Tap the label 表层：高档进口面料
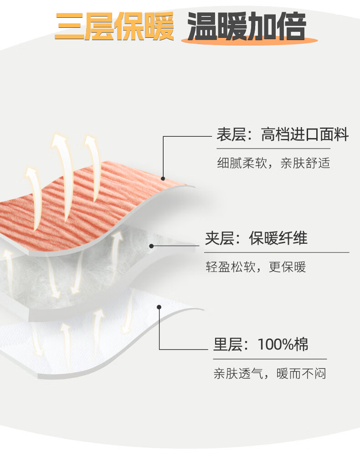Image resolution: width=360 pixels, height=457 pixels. (282, 135)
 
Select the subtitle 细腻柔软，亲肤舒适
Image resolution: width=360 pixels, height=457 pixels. (273, 163)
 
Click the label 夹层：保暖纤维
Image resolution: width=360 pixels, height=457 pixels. (256, 238)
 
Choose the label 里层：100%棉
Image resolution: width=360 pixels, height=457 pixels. (261, 344)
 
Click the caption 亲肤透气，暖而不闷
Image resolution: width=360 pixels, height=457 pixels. (270, 374)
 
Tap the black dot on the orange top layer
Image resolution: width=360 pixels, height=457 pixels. (163, 178)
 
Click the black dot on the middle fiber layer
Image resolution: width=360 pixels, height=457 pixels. (151, 246)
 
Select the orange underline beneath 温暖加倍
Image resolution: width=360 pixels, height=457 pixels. (249, 41)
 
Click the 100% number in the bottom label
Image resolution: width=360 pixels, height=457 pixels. (276, 344)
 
